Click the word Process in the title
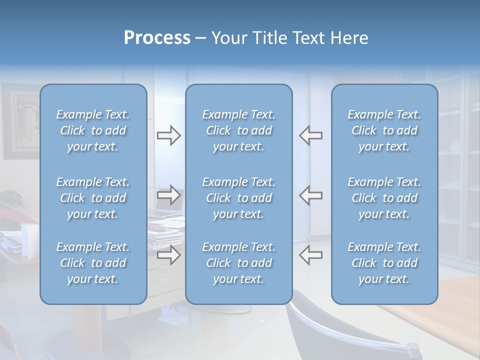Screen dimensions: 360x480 157,38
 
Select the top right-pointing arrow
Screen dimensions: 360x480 168,135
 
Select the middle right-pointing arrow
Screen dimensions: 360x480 168,195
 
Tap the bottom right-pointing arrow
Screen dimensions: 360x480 168,255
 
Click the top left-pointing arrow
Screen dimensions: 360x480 311,135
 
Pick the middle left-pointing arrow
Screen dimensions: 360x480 311,195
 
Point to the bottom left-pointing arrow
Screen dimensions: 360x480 311,255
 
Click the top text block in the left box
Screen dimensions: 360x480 93,130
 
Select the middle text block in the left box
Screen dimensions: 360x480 93,198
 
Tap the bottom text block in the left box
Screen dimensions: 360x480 93,263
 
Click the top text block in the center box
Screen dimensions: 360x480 238,130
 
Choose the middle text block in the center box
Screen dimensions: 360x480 238,198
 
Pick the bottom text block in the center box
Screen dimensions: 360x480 238,263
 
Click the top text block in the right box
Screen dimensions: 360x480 384,130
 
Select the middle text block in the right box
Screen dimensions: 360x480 384,198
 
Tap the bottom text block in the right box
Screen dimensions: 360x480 384,263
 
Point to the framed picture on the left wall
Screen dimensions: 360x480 20,120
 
